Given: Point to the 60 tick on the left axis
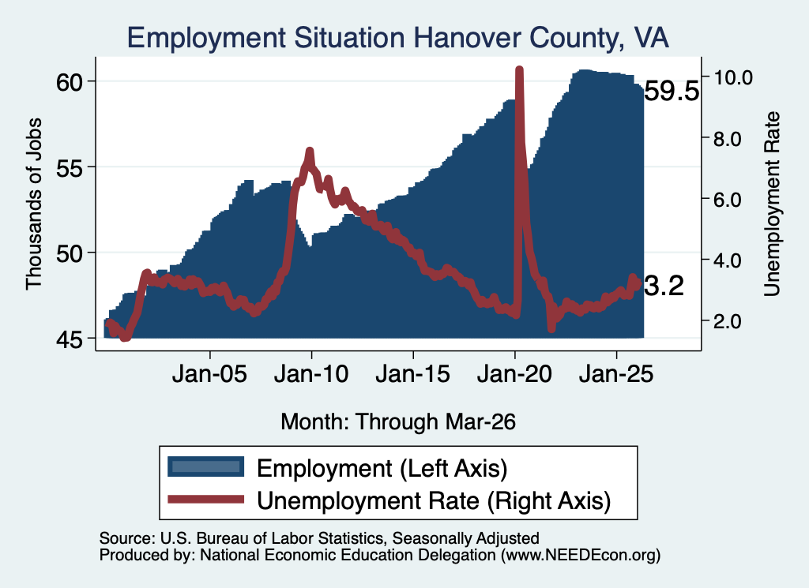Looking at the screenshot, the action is (x=70, y=82).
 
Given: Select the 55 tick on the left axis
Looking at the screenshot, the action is (x=70, y=167).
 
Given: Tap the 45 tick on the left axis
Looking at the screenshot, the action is (x=70, y=339).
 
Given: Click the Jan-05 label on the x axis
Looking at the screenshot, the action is (x=209, y=374).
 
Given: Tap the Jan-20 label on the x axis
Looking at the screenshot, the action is (x=514, y=374).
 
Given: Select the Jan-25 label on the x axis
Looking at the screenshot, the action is (x=616, y=374).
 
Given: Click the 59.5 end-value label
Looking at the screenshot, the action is (x=672, y=92).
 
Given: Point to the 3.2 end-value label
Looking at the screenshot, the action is (x=664, y=286).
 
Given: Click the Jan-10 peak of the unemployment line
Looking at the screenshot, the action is (x=310, y=151).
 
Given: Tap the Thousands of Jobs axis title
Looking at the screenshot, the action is (x=33, y=204).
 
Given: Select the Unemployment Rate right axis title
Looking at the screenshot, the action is (x=772, y=204).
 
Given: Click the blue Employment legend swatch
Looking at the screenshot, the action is (x=206, y=467).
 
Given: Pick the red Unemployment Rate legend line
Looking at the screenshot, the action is (x=206, y=500).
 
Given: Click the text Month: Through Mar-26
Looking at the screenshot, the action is (x=398, y=421).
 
